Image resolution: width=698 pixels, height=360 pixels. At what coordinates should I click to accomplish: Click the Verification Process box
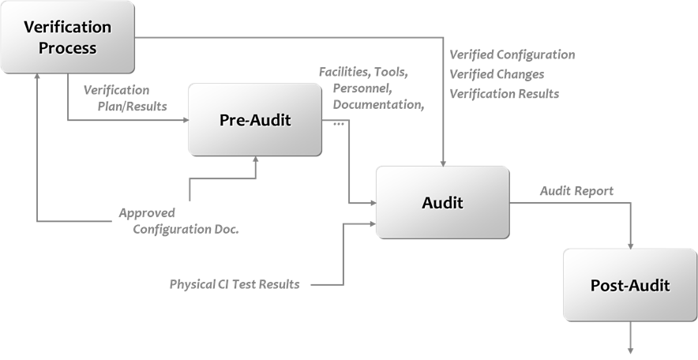pos(67,37)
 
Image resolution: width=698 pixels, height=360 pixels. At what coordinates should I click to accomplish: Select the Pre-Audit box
pos(255,120)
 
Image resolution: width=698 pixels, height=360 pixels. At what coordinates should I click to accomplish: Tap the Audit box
pos(441,202)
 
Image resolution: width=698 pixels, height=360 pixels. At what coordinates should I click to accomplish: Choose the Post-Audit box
pos(629,285)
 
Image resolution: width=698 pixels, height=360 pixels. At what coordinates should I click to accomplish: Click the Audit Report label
pos(576,191)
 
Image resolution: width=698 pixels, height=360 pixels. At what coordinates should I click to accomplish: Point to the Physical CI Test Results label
pos(235,284)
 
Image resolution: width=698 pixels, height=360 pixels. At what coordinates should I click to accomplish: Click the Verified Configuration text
pos(512,55)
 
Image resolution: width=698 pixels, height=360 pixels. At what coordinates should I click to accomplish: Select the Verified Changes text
pos(497,74)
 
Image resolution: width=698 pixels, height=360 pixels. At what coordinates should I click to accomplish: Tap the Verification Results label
pos(504,93)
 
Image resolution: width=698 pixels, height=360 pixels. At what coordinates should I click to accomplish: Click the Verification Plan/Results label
pos(126,98)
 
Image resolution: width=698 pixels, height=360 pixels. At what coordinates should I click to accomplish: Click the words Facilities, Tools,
pos(363,72)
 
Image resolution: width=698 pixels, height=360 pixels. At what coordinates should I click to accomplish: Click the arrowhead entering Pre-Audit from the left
pos(184,121)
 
